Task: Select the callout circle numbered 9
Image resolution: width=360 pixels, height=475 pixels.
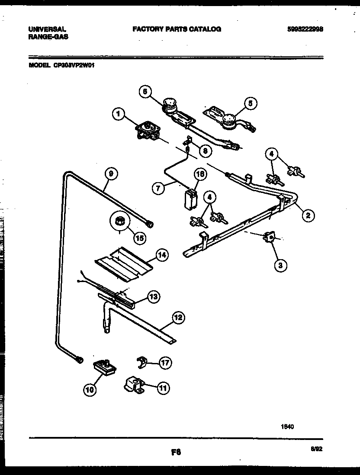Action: point(111,173)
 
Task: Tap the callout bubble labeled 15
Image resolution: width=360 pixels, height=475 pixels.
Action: point(139,237)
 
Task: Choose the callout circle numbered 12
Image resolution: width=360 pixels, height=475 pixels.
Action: point(178,318)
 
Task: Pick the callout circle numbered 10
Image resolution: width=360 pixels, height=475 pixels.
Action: point(90,390)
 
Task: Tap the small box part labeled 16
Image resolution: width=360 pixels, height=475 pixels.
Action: point(189,199)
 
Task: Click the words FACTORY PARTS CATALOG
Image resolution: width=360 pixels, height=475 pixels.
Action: point(177,29)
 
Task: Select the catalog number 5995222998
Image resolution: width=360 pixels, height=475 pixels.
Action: point(305,29)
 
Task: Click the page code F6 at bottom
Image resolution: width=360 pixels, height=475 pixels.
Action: point(175,453)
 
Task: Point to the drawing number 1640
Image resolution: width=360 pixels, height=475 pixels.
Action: point(288,426)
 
